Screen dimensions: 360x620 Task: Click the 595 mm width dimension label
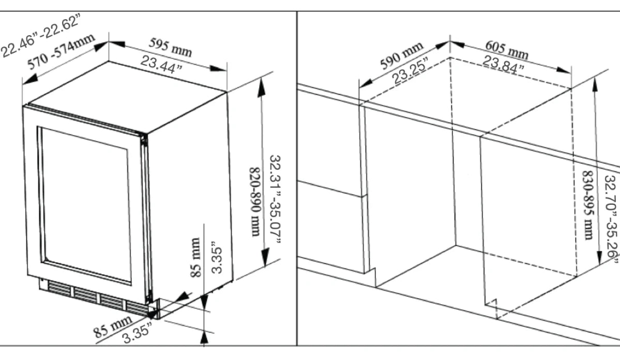point(170,47)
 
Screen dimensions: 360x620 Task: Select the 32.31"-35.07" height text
point(275,200)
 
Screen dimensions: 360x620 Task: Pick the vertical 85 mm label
point(195,257)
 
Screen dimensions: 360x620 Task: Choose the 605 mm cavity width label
point(507,49)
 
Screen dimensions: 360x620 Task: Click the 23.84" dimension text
point(503,64)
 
